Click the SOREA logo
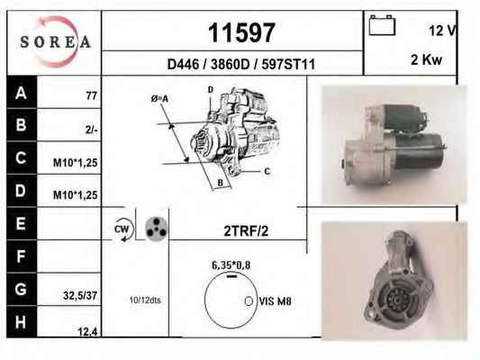(56, 42)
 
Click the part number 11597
(242, 32)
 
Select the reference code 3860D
(231, 65)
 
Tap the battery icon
(382, 25)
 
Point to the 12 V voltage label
(442, 31)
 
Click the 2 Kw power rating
(427, 59)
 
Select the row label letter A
(21, 93)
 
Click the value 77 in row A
(92, 95)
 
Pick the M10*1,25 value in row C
(76, 163)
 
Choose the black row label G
(21, 289)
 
